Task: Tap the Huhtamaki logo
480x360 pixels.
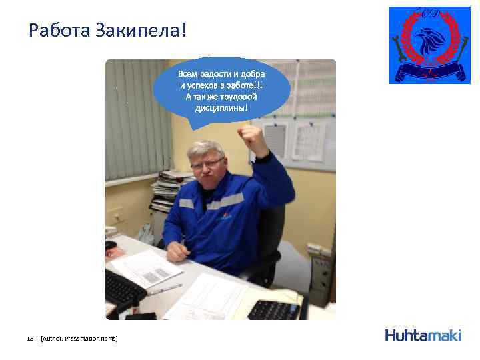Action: (423, 335)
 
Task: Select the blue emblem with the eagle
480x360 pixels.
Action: (429, 45)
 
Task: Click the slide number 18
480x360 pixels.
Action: (29, 339)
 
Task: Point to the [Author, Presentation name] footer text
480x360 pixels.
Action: (79, 339)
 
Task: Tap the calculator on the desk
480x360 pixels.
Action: (273, 309)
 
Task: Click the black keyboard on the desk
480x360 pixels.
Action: (123, 287)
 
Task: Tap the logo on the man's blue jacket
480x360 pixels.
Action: (223, 216)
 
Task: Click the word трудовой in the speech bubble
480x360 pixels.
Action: (235, 97)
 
